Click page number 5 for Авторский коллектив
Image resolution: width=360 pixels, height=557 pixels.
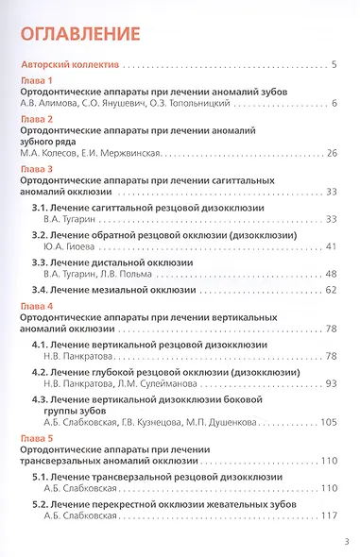pos(335,65)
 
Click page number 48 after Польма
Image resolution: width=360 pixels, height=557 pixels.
pos(332,273)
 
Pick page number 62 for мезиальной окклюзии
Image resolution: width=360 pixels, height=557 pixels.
pos(332,290)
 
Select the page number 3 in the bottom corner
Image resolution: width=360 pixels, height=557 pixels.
pos(348,542)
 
